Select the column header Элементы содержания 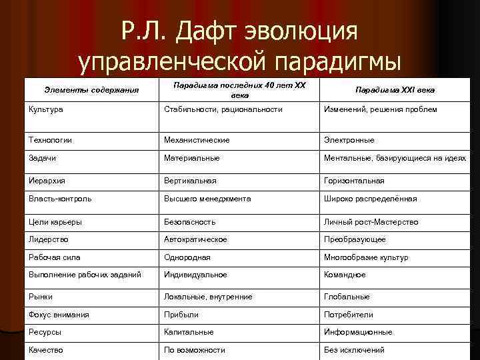tap(82, 89)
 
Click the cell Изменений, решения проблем tap(380, 109)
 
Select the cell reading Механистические tap(197, 140)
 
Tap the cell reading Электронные tap(349, 140)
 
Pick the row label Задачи tap(42, 158)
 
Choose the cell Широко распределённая tap(370, 199)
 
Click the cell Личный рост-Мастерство tap(371, 222)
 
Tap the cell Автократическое tap(195, 239)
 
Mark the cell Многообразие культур tap(366, 257)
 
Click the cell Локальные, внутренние tap(207, 297)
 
